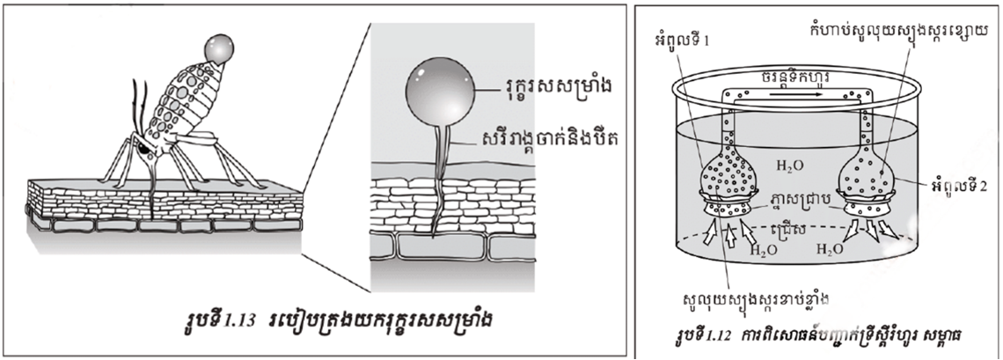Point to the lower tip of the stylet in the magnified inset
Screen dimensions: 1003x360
pos(437,235)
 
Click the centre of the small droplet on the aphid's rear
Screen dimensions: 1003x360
pos(218,48)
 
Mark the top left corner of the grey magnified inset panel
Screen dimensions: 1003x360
pos(371,24)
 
